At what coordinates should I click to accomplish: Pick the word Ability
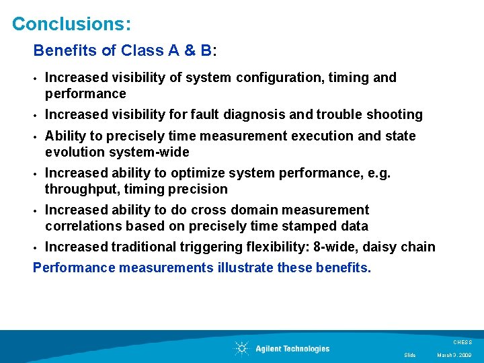[x=65, y=136]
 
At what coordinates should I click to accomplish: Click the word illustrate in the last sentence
[x=244, y=268]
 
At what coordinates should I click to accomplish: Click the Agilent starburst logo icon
[x=241, y=348]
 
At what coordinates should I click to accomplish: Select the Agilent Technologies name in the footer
[x=292, y=348]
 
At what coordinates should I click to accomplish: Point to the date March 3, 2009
[x=454, y=355]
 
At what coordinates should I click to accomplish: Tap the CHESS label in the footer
[x=463, y=342]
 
